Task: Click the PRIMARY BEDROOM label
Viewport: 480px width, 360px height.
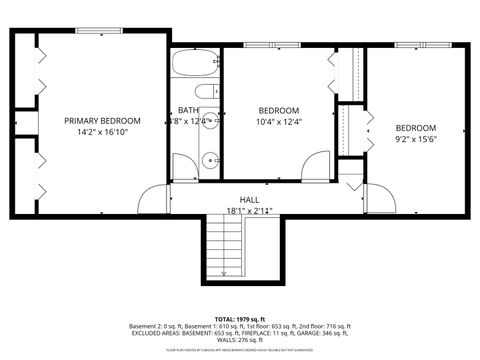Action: point(102,120)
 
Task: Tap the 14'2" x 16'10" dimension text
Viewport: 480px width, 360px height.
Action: point(102,131)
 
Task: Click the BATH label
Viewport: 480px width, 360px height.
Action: point(189,110)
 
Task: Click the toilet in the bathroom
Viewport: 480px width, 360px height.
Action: point(205,92)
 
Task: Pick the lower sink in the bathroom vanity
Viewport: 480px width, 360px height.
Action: point(209,159)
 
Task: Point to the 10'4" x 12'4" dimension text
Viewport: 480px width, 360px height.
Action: point(279,122)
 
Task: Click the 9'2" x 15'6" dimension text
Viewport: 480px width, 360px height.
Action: point(415,139)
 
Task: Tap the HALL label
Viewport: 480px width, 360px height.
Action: point(249,200)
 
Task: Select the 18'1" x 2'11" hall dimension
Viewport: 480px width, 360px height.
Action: point(249,211)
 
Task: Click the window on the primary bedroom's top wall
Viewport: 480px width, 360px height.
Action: point(92,32)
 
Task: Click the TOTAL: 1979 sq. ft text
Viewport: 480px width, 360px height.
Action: point(239,317)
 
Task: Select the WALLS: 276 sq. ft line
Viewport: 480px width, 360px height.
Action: point(239,341)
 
